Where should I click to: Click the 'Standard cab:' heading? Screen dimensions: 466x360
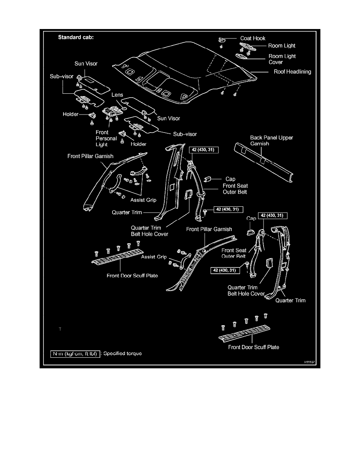click(76, 38)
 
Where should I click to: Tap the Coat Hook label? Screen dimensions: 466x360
click(253, 38)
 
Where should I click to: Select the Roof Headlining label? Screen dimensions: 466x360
click(292, 72)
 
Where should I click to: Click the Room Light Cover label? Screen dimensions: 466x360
click(282, 59)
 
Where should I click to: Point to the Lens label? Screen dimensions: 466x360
click(117, 95)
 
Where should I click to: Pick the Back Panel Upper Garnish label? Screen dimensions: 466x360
click(271, 141)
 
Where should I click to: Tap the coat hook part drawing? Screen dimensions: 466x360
click(222, 40)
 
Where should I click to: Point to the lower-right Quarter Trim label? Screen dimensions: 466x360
click(290, 300)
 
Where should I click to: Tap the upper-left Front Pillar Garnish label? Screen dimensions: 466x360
click(90, 156)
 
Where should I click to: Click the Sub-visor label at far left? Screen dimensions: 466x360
click(64, 76)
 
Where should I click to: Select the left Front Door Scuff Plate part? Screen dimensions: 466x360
click(116, 259)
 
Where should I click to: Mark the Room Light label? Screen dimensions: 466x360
click(282, 46)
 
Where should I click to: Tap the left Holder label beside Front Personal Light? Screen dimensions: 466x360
click(71, 115)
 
